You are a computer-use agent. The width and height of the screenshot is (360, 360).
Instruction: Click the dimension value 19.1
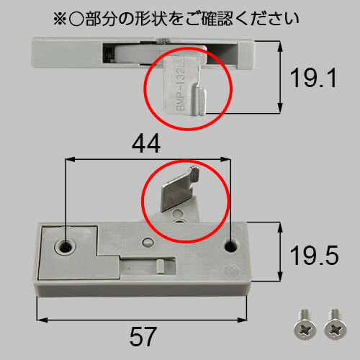pyautogui.click(x=313, y=78)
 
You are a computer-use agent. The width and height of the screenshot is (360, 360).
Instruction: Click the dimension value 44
pyautogui.click(x=146, y=143)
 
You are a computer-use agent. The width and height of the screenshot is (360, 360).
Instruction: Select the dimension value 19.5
pyautogui.click(x=315, y=256)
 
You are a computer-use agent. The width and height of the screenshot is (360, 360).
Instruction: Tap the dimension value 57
pyautogui.click(x=143, y=336)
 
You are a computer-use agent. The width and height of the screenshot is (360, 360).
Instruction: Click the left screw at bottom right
pyautogui.click(x=305, y=325)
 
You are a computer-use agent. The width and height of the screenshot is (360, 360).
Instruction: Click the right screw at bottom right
pyautogui.click(x=336, y=325)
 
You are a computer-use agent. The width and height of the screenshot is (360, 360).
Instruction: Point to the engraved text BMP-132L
pyautogui.click(x=181, y=86)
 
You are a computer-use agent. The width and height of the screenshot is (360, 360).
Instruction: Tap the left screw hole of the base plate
pyautogui.click(x=65, y=246)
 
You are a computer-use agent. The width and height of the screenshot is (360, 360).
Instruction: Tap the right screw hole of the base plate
pyautogui.click(x=231, y=246)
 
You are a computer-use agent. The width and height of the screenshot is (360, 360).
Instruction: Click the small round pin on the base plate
pyautogui.click(x=148, y=242)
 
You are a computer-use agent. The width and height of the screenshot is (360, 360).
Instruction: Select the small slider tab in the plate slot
pyautogui.click(x=160, y=266)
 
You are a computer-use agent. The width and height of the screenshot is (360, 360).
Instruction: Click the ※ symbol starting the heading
pyautogui.click(x=60, y=19)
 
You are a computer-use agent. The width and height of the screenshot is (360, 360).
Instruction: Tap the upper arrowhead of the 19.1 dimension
pyautogui.click(x=280, y=47)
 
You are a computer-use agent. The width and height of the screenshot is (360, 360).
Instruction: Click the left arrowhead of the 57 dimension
pyautogui.click(x=42, y=320)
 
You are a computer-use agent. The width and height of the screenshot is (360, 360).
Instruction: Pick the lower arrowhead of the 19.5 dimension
pyautogui.click(x=280, y=275)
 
